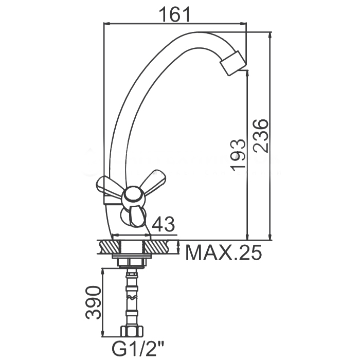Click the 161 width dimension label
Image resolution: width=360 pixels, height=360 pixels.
175,14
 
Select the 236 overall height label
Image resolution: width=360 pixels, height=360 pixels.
261,136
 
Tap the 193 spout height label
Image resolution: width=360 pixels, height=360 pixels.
238,155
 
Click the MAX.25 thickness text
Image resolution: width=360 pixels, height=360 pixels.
223,252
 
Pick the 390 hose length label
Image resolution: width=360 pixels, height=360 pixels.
93,302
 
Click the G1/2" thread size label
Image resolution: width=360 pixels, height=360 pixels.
138,349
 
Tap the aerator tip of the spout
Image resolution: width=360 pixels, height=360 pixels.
232,63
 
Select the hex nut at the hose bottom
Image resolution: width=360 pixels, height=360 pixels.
132,331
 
